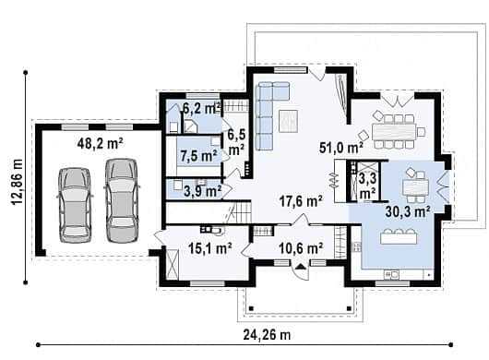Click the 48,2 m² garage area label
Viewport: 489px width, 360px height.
click(101, 143)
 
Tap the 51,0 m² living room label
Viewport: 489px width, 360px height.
click(341, 148)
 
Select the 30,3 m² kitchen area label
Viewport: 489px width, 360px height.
click(408, 211)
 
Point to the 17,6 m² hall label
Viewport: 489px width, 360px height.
click(301, 201)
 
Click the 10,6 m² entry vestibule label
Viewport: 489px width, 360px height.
click(301, 248)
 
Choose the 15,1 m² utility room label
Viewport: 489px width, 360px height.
click(209, 248)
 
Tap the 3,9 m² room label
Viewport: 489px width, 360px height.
click(203, 191)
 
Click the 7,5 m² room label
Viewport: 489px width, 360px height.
click(198, 156)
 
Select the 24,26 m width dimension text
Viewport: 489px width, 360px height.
click(267, 335)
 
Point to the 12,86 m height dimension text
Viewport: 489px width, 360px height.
click(18, 182)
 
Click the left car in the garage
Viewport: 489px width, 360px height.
click(75, 205)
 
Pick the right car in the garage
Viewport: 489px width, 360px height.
click(122, 200)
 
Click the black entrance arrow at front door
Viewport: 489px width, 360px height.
click(301, 266)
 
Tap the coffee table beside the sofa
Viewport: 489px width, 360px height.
click(289, 121)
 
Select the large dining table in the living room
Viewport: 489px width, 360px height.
click(394, 132)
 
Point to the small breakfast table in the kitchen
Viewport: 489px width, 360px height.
click(415, 187)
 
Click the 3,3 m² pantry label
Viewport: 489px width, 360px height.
click(368, 186)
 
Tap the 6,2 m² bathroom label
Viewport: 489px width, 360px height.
click(202, 108)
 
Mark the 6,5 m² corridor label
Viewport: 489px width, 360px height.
click(236, 142)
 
